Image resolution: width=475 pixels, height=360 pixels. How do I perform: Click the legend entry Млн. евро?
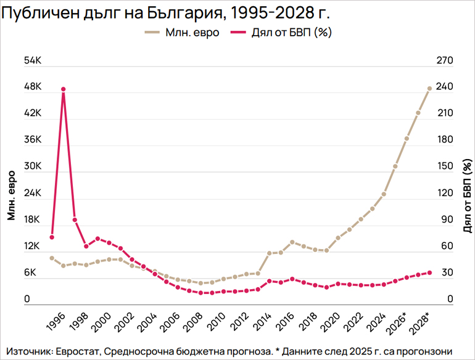coord(183,33)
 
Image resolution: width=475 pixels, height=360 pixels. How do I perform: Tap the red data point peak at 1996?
coord(64,89)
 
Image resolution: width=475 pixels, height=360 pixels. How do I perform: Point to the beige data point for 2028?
coord(429,89)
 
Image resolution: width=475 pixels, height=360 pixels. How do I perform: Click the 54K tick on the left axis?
coord(31,61)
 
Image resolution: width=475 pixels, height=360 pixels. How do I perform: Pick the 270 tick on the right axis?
coord(445,61)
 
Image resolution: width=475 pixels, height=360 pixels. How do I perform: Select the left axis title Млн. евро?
coord(12,195)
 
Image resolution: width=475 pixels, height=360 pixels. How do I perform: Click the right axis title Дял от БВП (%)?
coord(467,195)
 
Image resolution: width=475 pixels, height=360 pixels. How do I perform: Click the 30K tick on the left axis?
coord(31,167)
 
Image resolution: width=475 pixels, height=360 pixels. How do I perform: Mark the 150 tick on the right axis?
coord(445,167)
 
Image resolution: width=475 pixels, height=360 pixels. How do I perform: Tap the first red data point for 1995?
coord(52,237)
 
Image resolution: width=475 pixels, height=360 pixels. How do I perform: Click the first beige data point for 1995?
coord(52,258)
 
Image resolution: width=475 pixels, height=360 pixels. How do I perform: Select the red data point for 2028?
coord(429,273)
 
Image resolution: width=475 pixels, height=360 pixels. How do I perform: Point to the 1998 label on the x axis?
coord(78,321)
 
